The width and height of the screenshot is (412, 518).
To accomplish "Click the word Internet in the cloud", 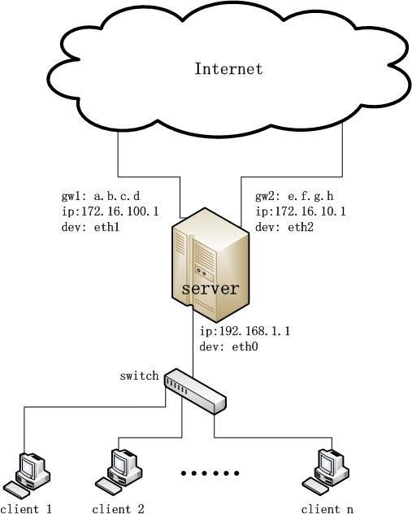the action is click(228, 68).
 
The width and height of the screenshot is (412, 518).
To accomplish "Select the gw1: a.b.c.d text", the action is click(101, 196).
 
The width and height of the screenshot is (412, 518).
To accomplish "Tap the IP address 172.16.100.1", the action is click(120, 211).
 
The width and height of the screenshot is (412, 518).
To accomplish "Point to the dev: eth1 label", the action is click(90, 227).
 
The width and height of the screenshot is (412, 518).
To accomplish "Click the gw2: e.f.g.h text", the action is click(294, 196).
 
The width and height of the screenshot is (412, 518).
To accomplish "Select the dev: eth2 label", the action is click(284, 227).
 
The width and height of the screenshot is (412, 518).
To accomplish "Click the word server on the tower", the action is click(210, 289).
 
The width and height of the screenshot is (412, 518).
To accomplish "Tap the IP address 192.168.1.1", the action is click(254, 331).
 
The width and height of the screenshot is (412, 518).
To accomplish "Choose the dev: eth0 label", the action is click(229, 346).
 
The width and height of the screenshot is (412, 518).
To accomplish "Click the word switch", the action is click(139, 376).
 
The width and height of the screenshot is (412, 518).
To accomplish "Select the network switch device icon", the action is click(195, 391).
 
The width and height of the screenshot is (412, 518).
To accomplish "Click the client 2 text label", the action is click(118, 509).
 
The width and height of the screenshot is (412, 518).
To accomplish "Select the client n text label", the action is click(327, 509).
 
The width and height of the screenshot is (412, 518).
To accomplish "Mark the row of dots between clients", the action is click(210, 473).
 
